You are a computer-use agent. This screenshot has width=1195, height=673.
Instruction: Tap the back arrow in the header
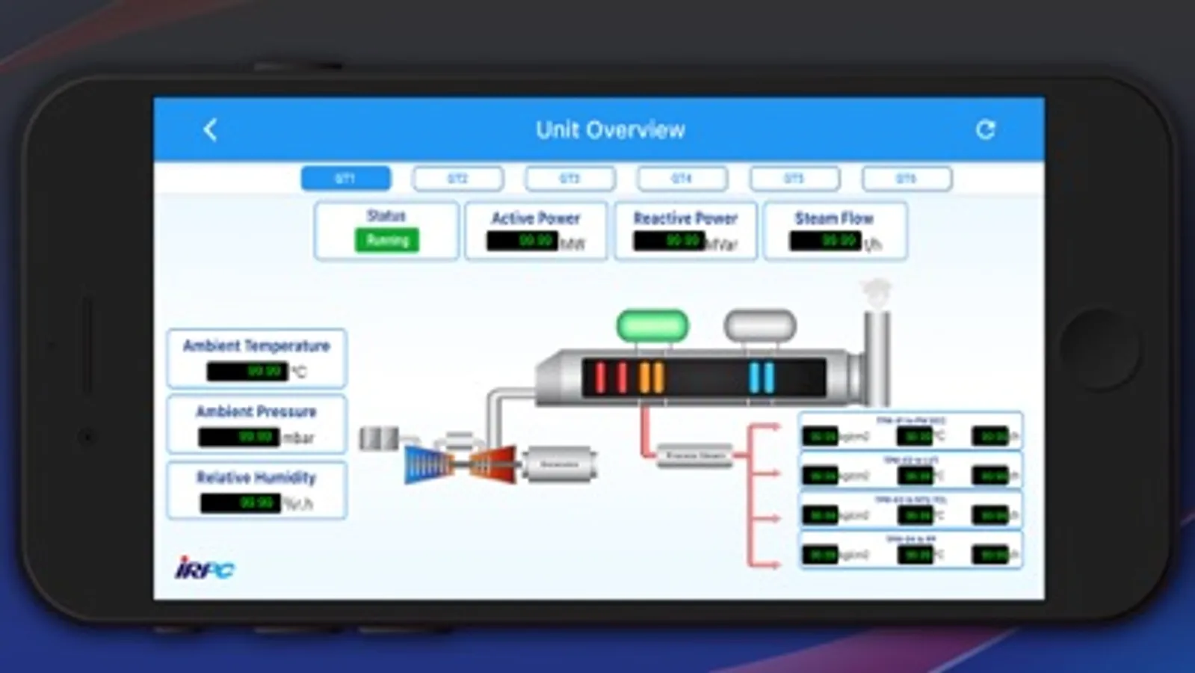210,130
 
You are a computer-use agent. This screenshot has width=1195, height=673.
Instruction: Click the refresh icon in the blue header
985,130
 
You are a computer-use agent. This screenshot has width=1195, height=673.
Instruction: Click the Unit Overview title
610,130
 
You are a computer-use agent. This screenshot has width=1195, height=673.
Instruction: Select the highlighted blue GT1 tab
345,179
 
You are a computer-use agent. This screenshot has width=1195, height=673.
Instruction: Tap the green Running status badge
387,240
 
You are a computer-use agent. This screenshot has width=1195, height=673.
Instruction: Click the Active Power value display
522,241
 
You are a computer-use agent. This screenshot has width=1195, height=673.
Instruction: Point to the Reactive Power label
685,218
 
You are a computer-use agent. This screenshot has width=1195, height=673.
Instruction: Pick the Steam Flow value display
825,241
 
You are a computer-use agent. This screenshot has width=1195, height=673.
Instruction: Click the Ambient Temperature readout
247,371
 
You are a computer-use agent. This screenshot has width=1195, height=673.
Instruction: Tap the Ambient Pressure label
256,411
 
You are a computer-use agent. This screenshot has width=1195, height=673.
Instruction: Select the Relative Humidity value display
240,503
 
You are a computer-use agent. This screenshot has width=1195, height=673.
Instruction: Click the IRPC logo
205,568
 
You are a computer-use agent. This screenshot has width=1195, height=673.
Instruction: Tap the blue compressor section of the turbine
427,464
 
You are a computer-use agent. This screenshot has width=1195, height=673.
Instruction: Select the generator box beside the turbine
559,464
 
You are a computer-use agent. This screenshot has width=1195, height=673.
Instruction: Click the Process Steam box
695,455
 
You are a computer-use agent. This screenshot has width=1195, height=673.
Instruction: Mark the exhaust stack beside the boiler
877,351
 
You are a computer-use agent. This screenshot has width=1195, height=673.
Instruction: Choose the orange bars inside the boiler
651,378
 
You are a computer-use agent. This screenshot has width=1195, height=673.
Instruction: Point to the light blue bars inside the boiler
762,378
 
